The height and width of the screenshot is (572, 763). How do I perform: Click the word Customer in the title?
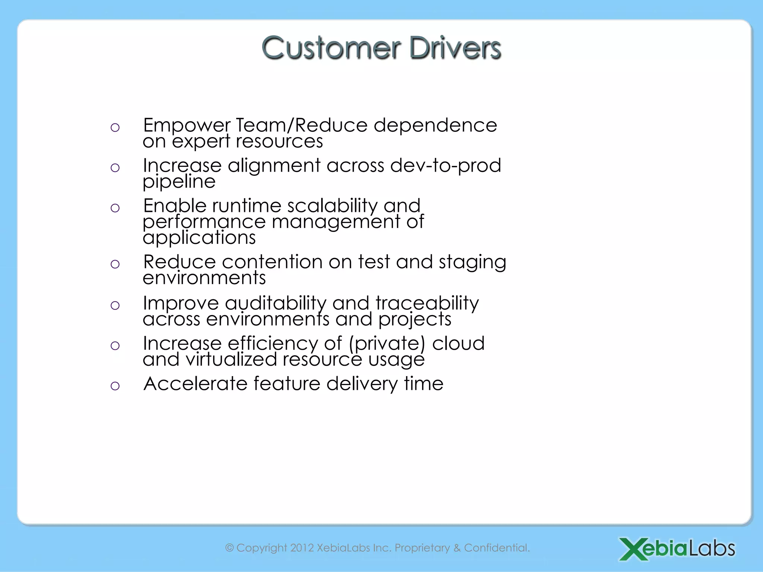(x=331, y=48)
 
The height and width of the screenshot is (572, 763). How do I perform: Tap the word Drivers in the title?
(x=455, y=48)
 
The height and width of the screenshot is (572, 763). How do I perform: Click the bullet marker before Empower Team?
(x=115, y=128)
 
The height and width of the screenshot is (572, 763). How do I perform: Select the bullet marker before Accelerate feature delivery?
(x=115, y=386)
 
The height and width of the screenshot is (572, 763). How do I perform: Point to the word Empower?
(x=187, y=125)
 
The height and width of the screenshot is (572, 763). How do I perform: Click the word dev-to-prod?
(x=446, y=165)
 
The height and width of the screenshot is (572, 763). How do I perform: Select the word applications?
(x=199, y=238)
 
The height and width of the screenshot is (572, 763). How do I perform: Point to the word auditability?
(x=275, y=303)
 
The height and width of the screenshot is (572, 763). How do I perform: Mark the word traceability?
(x=427, y=303)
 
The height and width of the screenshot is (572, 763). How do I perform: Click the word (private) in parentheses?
(x=387, y=343)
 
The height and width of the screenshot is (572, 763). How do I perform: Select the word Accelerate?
(x=196, y=384)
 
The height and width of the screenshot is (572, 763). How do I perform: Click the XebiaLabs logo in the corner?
(x=677, y=549)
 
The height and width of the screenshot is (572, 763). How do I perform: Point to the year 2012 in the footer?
(x=302, y=548)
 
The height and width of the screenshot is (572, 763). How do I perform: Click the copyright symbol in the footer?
(x=229, y=548)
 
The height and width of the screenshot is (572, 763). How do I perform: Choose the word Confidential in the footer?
(x=496, y=548)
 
